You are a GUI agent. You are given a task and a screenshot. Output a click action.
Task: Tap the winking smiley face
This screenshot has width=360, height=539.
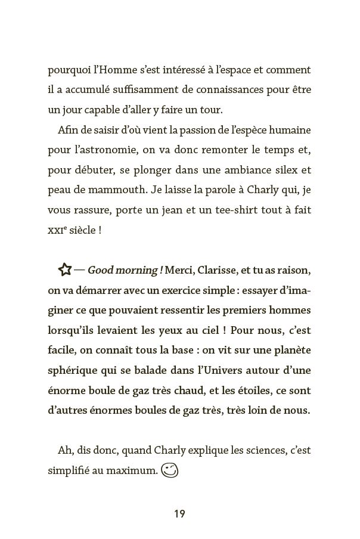point(170,470)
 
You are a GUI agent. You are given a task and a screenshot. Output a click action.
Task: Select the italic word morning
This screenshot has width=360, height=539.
point(139,271)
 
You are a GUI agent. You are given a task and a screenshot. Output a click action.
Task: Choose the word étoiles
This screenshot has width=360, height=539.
point(260,390)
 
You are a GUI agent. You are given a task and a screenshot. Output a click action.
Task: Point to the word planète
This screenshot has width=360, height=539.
point(290,350)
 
